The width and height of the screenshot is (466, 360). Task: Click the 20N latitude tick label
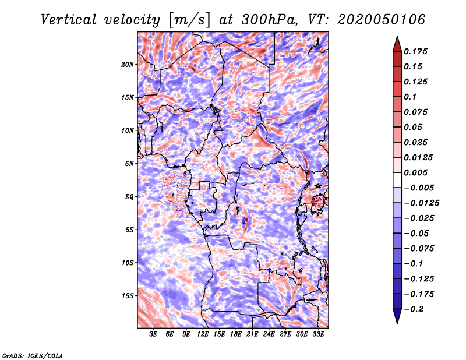127,65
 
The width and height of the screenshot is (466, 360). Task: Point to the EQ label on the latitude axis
129,197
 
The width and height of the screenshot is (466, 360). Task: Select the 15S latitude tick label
127,296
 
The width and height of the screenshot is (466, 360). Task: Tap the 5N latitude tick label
129,164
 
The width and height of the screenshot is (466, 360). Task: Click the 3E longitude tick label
153,334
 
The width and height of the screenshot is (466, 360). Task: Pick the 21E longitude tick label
252,334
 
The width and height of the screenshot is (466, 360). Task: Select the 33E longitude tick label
318,334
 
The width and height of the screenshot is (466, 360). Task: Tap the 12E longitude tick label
203,334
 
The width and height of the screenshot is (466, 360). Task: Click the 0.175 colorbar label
415,51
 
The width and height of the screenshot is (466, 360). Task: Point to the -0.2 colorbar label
414,309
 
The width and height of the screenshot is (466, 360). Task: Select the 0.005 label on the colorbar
415,172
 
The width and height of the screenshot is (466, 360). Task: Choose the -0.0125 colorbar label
421,203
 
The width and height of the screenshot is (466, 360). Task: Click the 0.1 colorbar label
410,97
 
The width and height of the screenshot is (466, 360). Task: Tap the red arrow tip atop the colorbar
397,36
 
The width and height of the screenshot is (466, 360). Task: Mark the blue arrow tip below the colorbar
397,323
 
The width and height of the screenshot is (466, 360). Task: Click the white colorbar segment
397,180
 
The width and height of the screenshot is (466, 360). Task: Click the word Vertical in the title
69,20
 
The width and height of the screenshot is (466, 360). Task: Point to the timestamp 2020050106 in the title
382,20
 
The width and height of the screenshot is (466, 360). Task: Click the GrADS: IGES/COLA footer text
33,355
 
